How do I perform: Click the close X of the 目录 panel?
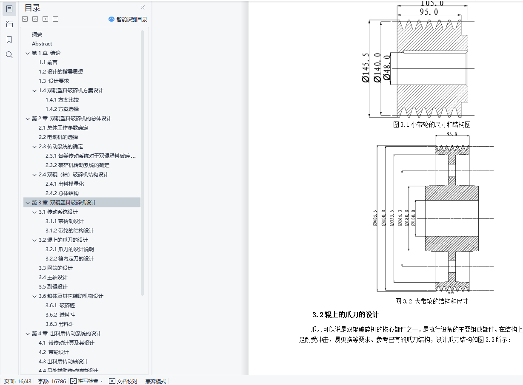[143, 7]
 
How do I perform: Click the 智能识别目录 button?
[128, 19]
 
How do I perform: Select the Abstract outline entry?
[42, 44]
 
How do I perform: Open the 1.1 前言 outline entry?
[48, 62]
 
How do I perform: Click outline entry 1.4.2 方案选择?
[62, 109]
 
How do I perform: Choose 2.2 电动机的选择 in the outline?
[58, 137]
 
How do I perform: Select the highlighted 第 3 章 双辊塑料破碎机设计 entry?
[64, 203]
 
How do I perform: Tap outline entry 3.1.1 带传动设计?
[65, 221]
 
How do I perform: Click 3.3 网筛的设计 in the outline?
[56, 268]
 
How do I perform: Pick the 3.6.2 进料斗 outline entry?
[60, 315]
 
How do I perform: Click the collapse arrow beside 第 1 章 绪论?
[28, 53]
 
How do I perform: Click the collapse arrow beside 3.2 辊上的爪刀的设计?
[34, 240]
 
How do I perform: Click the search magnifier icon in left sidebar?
[9, 55]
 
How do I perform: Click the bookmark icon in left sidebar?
[9, 40]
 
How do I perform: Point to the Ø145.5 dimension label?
[365, 68]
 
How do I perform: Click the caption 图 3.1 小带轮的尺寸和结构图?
[432, 125]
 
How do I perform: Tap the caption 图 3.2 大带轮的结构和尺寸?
[432, 301]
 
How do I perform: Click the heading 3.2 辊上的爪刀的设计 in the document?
[346, 315]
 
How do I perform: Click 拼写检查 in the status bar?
[88, 381]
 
